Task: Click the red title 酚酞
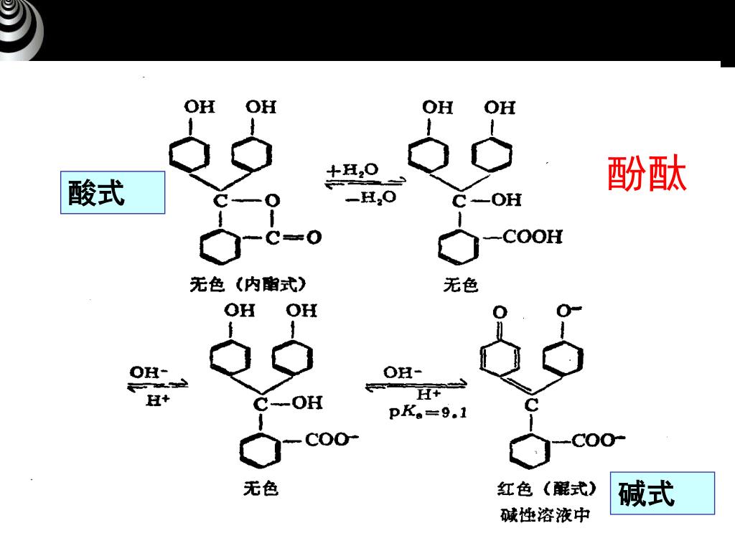click(x=647, y=174)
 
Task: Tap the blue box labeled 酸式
click(x=113, y=193)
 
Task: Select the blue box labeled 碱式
click(x=662, y=493)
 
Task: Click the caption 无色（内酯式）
click(x=248, y=285)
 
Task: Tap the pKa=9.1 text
click(x=428, y=413)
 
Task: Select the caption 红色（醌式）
click(x=547, y=489)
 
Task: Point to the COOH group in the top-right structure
click(x=532, y=237)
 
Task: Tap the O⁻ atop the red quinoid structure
click(x=569, y=311)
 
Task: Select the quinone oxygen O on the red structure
click(x=500, y=312)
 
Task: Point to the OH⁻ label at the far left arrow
click(x=149, y=372)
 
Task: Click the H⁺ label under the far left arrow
click(x=157, y=400)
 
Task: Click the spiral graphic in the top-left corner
click(x=20, y=30)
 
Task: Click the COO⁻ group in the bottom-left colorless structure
click(x=331, y=440)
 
